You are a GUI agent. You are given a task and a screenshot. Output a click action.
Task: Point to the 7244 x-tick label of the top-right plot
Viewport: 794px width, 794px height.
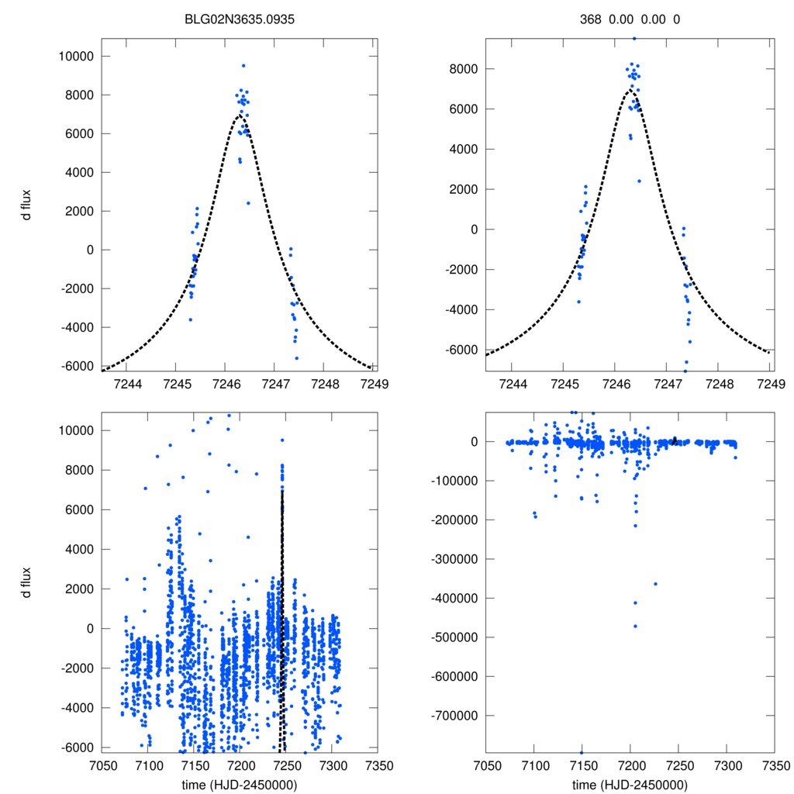pyautogui.click(x=512, y=384)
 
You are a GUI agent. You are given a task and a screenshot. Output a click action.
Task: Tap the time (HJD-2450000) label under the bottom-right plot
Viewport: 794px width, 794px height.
pyautogui.click(x=630, y=784)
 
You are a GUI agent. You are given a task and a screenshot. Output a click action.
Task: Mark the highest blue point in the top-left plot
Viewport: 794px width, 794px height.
pyautogui.click(x=243, y=66)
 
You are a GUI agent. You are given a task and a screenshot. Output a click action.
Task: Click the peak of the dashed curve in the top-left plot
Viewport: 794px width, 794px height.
pyautogui.click(x=239, y=116)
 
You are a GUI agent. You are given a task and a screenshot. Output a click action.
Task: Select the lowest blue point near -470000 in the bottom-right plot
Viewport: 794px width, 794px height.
pyautogui.click(x=635, y=626)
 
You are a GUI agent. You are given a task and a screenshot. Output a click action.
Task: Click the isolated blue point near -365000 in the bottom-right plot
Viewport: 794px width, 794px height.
pyautogui.click(x=655, y=584)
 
